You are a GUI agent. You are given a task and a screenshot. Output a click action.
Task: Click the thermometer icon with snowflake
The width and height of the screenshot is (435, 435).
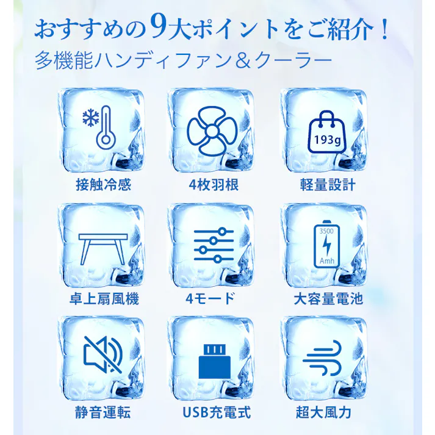100,129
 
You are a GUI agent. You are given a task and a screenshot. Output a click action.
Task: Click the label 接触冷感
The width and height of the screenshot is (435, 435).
101,183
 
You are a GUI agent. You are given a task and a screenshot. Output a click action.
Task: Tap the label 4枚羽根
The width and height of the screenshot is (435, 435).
211,183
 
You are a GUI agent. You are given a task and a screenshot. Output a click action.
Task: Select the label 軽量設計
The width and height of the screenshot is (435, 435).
324,183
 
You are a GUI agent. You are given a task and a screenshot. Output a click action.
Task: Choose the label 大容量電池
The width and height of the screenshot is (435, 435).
324,298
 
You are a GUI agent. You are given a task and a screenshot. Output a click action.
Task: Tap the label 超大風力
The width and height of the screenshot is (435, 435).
324,412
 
